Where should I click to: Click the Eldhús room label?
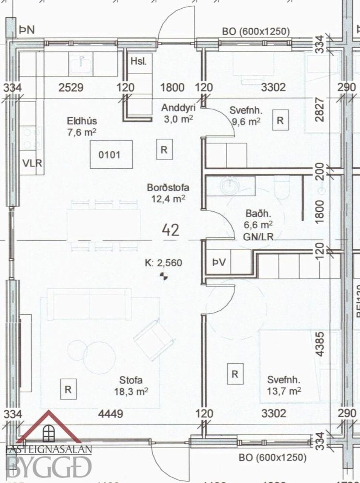click(82, 121)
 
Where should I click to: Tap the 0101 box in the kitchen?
click(111, 154)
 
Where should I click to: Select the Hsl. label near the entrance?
click(138, 61)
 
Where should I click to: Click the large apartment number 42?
click(171, 229)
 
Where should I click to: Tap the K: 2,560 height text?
click(163, 263)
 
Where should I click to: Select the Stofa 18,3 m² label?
click(131, 386)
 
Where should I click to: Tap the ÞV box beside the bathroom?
click(219, 262)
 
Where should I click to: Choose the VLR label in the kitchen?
click(32, 163)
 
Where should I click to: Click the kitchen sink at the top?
click(80, 63)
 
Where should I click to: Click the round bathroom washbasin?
click(228, 185)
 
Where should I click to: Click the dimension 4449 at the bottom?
click(110, 414)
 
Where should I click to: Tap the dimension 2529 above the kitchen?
click(71, 88)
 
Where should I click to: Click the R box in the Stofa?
click(68, 389)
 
